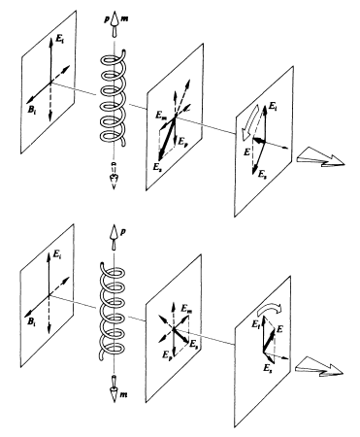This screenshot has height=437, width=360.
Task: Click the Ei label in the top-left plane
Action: tap(59, 40)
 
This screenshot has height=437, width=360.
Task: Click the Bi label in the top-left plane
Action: tap(31, 110)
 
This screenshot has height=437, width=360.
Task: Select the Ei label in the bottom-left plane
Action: tap(57, 255)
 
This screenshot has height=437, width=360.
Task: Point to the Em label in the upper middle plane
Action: tap(161, 115)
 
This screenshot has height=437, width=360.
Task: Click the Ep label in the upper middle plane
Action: tap(182, 142)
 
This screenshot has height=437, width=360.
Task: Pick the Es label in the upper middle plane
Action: tap(157, 166)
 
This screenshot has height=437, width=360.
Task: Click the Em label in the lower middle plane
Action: tap(187, 308)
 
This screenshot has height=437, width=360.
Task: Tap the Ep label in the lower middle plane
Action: tap(166, 354)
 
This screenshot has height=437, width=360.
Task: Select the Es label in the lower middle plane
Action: tap(193, 344)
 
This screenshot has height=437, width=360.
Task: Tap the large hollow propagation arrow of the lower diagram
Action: tap(319, 367)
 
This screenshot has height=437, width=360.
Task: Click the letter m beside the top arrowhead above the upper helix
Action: tap(124, 18)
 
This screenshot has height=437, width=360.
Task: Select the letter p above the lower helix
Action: tap(123, 232)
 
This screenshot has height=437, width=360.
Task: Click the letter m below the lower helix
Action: tap(123, 394)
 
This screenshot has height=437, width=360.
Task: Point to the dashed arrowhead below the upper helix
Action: tap(114, 178)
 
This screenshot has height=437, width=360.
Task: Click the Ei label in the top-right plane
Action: tap(274, 106)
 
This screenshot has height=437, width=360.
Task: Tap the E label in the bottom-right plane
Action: tap(279, 329)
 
